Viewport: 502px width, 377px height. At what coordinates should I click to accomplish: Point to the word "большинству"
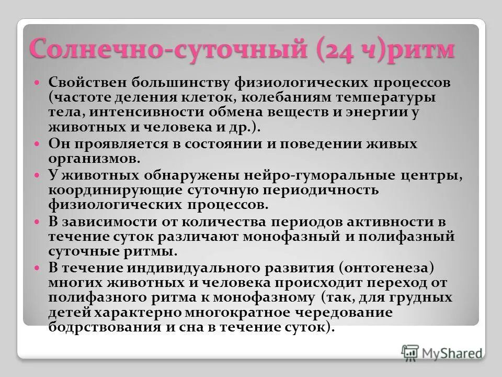click(x=166, y=83)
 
